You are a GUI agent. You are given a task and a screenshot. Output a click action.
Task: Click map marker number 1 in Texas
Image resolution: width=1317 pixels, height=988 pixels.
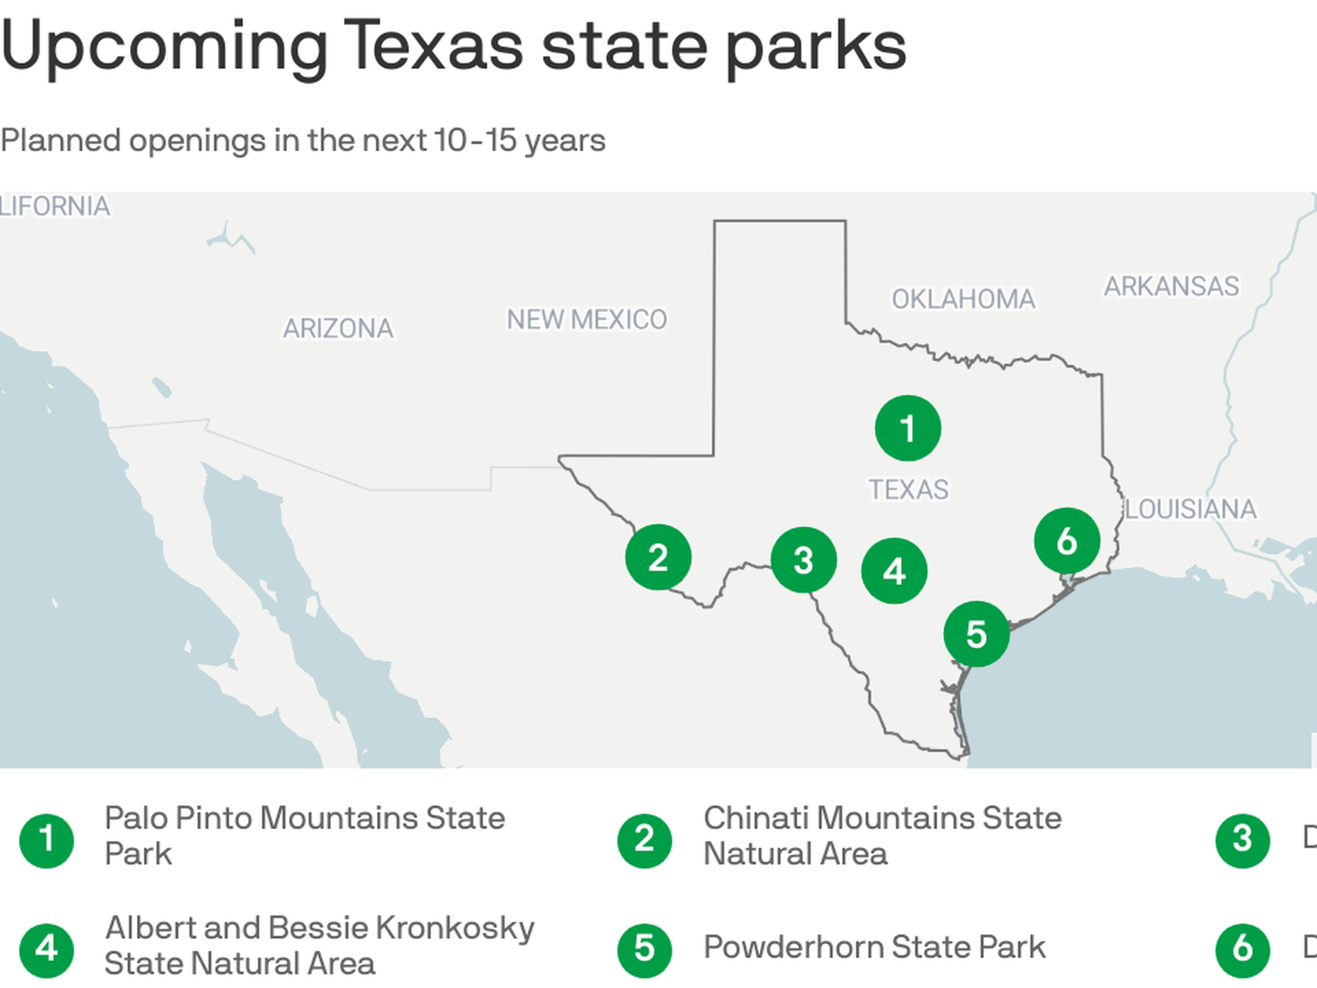coord(907,428)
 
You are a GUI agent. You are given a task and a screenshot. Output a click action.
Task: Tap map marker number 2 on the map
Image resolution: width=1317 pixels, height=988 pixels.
coord(658,557)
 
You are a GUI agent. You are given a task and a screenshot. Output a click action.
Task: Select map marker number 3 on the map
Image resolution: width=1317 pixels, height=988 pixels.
coord(803,560)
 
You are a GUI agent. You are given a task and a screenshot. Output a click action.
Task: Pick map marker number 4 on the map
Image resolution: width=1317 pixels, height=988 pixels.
coord(894,571)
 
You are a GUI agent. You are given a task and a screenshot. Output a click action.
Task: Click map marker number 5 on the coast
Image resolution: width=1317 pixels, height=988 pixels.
coord(976,634)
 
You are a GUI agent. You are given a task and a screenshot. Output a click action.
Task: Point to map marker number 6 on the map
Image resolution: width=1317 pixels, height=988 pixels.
coord(1067,541)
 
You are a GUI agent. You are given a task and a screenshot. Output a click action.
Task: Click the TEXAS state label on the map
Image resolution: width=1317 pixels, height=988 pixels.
coord(909,490)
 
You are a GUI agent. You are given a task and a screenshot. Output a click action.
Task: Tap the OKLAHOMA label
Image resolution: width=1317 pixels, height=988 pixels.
coord(963,299)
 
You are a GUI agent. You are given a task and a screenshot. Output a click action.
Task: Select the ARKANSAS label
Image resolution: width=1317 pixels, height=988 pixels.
coord(1171,286)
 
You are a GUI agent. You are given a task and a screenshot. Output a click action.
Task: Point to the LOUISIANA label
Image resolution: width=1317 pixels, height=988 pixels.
coord(1191,509)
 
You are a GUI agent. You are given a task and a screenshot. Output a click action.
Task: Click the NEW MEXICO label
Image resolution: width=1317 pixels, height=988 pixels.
coord(586,320)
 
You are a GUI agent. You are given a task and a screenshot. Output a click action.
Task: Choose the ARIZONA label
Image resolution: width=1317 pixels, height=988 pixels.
coord(338,329)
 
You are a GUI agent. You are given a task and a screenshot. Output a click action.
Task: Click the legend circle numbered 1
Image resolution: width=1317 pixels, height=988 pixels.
coord(47,840)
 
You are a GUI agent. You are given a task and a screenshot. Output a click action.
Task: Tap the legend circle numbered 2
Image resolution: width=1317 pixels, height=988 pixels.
coord(644,840)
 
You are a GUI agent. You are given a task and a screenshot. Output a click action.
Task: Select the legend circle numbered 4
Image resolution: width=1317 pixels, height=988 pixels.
coord(47,950)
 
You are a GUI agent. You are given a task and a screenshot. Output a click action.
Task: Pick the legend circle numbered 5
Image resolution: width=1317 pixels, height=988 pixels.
coord(644,950)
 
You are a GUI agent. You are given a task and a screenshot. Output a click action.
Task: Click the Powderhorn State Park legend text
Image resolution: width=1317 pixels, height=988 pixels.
coord(874,948)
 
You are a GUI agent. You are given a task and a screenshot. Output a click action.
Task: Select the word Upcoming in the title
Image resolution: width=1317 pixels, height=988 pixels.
coord(165,47)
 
